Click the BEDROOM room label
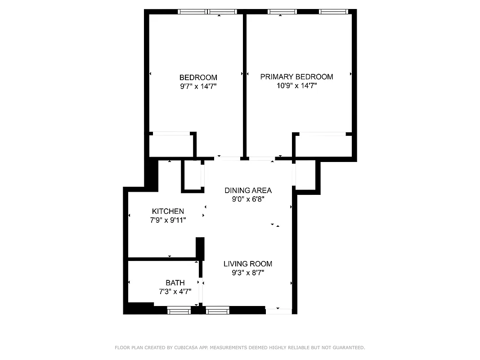coord(198,77)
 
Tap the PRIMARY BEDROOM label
coord(296,76)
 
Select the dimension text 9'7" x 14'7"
coord(198,86)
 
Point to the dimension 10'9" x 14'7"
coord(296,85)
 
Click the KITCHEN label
coord(168,211)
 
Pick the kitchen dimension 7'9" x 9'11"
coord(168,220)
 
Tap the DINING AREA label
coord(248,190)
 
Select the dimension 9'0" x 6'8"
coord(248,199)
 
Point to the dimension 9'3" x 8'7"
coord(248,272)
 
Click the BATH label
coord(175,283)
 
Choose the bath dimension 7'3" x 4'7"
coord(175,291)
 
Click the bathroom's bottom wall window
coord(179,310)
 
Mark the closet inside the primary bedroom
coord(323,145)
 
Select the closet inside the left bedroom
coord(171,145)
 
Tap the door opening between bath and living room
coord(201,292)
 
